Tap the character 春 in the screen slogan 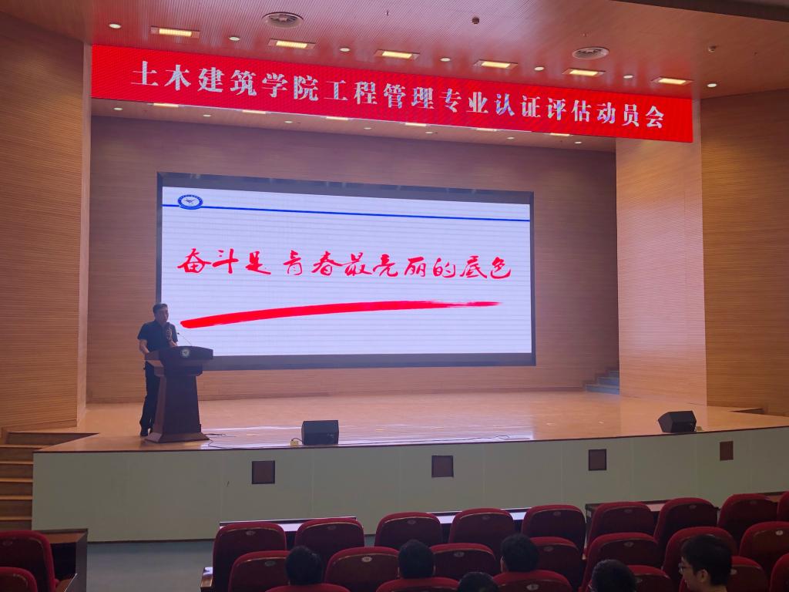coord(327,264)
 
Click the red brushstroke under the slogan coord(339,313)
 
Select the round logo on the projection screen coord(190,202)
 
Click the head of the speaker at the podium coord(160,313)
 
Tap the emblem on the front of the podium coord(185,353)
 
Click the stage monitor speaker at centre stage coord(320,432)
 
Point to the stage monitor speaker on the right coord(677,422)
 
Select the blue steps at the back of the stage coord(603,382)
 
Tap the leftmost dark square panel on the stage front coord(264,473)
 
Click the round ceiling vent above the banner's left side coord(282,19)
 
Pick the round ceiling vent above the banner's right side coord(590,53)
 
